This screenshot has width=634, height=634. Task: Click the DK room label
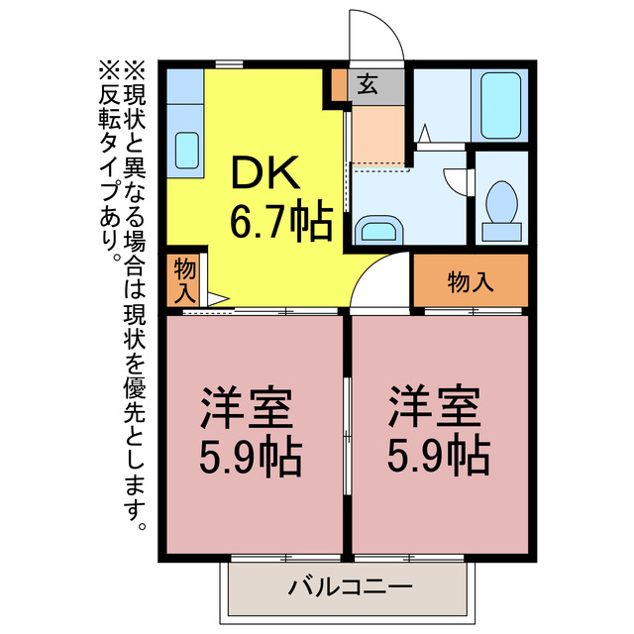pos(265,175)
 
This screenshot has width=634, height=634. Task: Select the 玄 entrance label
pos(368,85)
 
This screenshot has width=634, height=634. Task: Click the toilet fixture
pos(502,206)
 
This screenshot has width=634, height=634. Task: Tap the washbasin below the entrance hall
pos(377,230)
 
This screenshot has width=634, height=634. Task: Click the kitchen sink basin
pos(187,151)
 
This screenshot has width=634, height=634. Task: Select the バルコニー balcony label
pos(350,587)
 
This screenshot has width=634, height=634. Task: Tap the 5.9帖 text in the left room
pos(251,456)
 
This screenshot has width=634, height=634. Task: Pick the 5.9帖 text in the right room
pos(436,456)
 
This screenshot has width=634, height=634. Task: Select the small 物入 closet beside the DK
pos(184,279)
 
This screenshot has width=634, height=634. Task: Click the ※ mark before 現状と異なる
pos(134,70)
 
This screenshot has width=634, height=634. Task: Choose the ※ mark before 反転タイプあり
pos(107,70)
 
